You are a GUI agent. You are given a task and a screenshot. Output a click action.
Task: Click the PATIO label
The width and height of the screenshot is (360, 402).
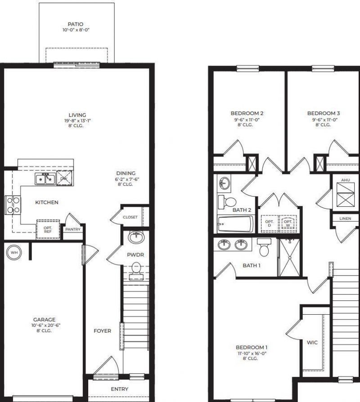(x=76, y=24)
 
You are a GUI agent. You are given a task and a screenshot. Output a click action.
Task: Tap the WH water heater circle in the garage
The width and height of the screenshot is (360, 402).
(x=13, y=253)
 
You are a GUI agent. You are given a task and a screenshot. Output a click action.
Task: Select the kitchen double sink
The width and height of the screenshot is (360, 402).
(x=45, y=179)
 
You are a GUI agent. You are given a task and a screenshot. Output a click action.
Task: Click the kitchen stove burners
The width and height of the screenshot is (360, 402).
(x=13, y=205)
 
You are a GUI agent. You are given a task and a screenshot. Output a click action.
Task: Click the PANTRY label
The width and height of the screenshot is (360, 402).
(x=72, y=229)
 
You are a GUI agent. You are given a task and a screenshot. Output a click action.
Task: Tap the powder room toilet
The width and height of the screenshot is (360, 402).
(x=136, y=271)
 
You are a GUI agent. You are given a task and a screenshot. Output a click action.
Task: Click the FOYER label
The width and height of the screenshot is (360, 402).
(x=102, y=331)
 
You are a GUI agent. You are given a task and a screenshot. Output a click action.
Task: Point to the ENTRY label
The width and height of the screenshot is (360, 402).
(x=119, y=389)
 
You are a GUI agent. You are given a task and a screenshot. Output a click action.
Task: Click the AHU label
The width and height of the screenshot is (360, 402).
(x=345, y=180)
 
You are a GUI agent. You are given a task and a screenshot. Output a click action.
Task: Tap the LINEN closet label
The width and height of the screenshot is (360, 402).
(x=345, y=219)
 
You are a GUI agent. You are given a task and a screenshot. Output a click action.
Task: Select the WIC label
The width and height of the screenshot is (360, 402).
(x=312, y=343)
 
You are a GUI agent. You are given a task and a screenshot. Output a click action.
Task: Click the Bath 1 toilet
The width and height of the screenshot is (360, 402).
(x=264, y=248)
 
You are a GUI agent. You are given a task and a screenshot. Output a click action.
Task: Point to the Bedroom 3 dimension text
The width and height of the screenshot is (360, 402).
(x=323, y=120)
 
